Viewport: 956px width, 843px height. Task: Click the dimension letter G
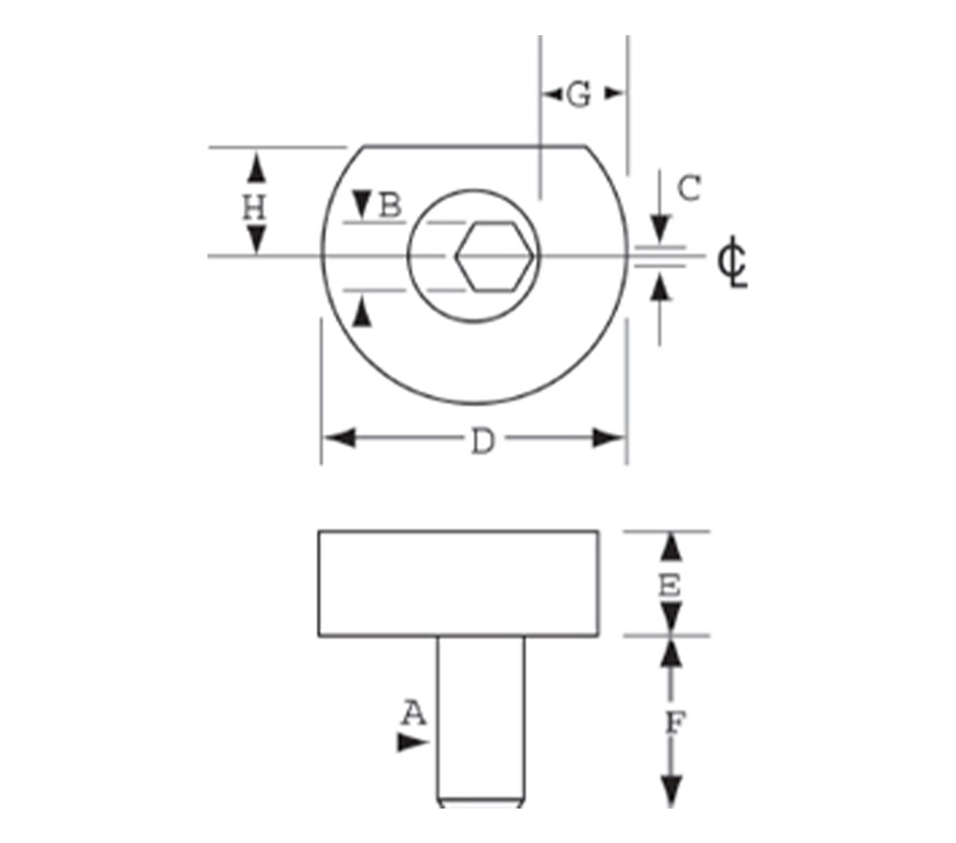[578, 95]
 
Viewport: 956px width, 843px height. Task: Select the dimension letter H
[254, 208]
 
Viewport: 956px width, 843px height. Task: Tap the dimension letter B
[390, 206]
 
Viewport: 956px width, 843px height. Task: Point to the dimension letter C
[689, 188]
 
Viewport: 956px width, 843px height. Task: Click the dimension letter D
[482, 442]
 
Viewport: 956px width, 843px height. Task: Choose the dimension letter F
[674, 722]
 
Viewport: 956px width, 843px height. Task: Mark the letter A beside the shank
[414, 714]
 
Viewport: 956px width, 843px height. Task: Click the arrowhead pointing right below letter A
[411, 743]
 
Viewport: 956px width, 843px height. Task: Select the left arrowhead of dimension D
[338, 439]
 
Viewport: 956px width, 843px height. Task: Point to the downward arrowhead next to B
[362, 204]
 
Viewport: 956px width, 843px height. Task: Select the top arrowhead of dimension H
[257, 169]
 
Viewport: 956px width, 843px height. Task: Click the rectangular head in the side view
[458, 584]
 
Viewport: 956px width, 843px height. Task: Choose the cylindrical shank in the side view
[481, 720]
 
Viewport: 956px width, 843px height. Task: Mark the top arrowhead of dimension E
[673, 547]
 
